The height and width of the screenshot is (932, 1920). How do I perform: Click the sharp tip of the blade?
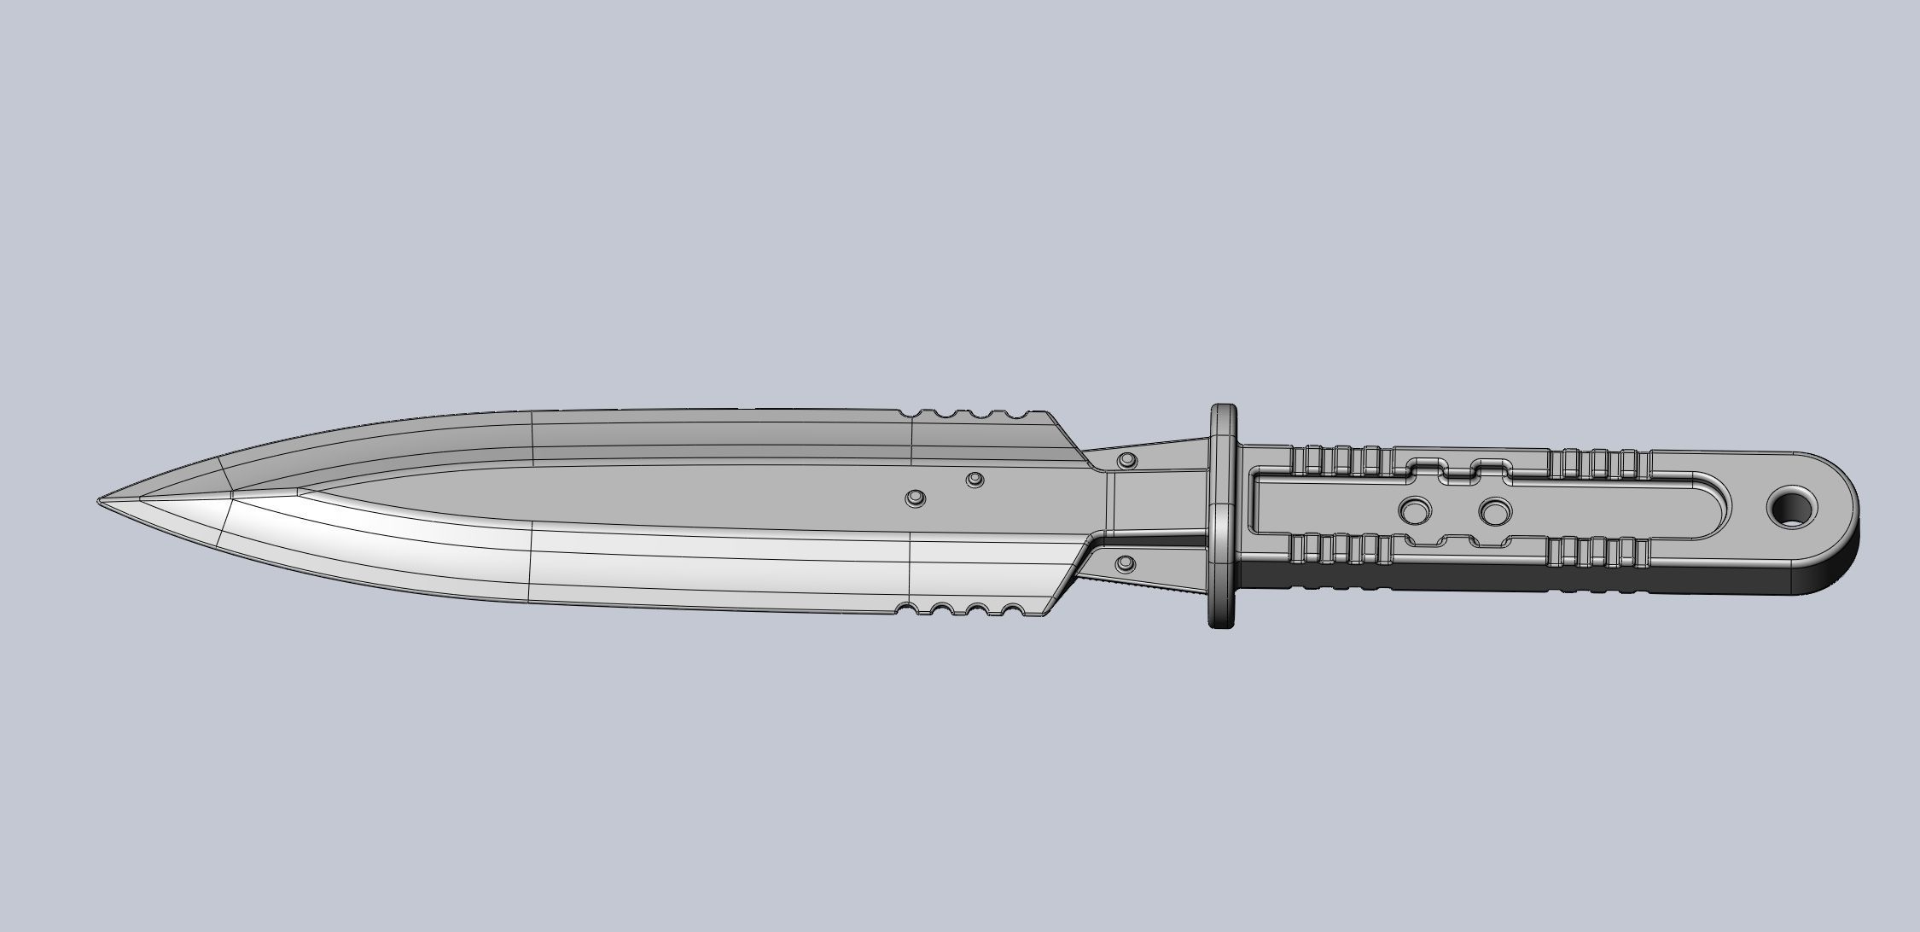click(99, 501)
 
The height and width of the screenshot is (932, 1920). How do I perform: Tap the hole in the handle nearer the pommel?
click(1494, 512)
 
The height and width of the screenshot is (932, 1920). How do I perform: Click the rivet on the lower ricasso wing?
click(1126, 563)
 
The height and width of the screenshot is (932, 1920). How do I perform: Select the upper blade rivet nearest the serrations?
click(975, 479)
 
